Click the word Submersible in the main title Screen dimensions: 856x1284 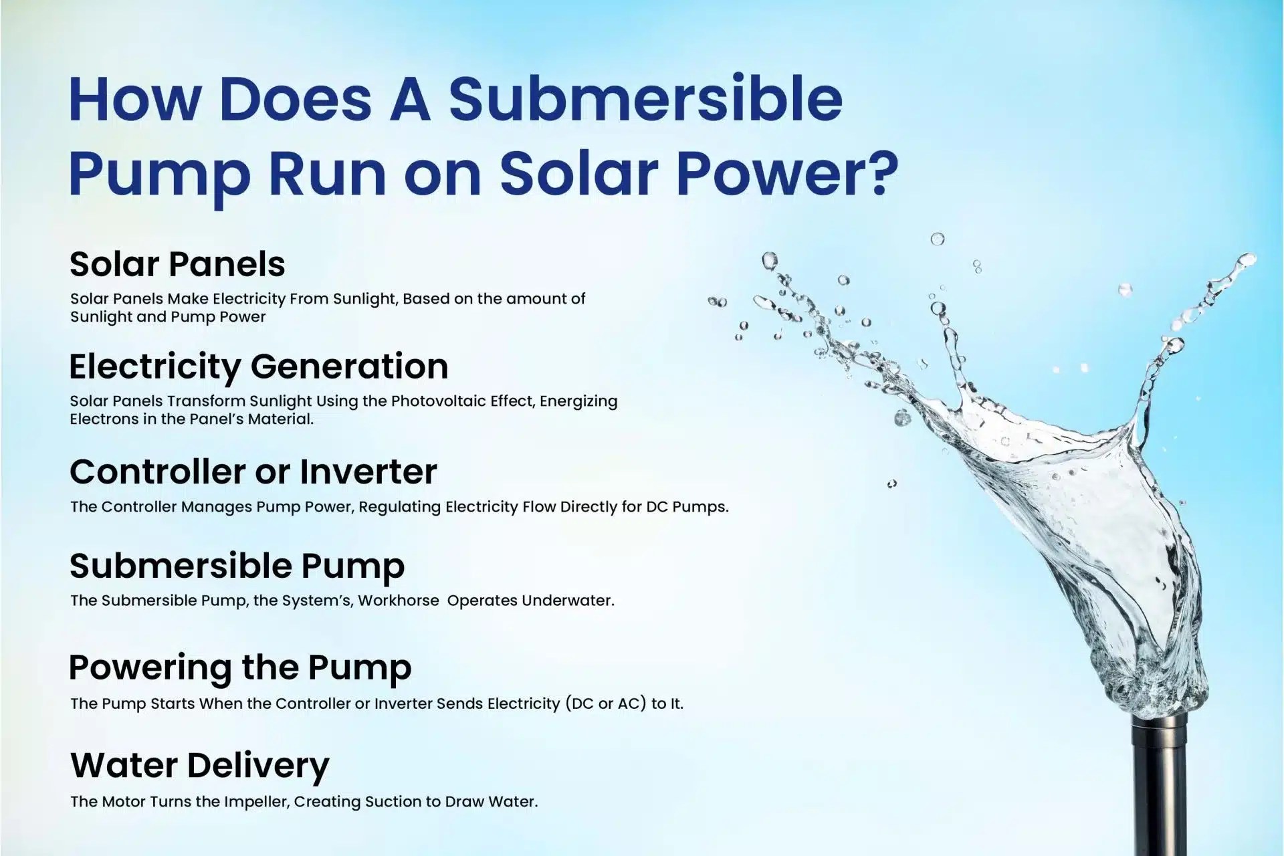(x=645, y=99)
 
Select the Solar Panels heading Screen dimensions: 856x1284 (x=177, y=264)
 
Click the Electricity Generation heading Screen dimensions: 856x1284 (x=259, y=366)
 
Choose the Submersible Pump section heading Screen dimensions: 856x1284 (x=237, y=566)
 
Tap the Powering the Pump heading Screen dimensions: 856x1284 (x=240, y=667)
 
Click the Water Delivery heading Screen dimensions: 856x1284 (x=200, y=765)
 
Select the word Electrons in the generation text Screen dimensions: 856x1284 (x=100, y=419)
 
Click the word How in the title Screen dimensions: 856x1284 (x=134, y=99)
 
